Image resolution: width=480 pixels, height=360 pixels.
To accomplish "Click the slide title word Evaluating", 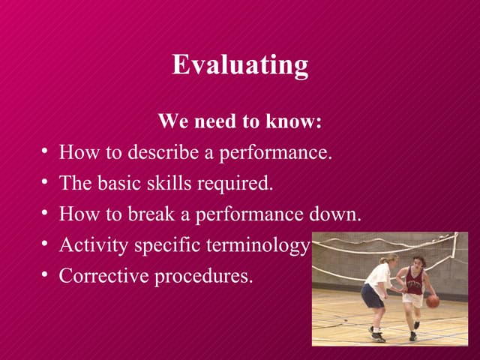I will [240, 64].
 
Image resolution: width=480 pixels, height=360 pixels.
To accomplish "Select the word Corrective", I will [103, 276].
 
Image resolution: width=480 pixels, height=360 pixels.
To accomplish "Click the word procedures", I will [203, 277].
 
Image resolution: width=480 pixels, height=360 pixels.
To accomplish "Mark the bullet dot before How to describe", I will [46, 153].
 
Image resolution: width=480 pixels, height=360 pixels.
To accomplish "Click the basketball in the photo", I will [433, 301].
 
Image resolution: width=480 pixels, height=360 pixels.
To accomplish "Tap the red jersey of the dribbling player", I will [414, 281].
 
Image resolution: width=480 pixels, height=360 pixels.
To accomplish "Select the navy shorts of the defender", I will [372, 295].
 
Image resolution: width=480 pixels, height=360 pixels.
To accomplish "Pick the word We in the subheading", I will [171, 121].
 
